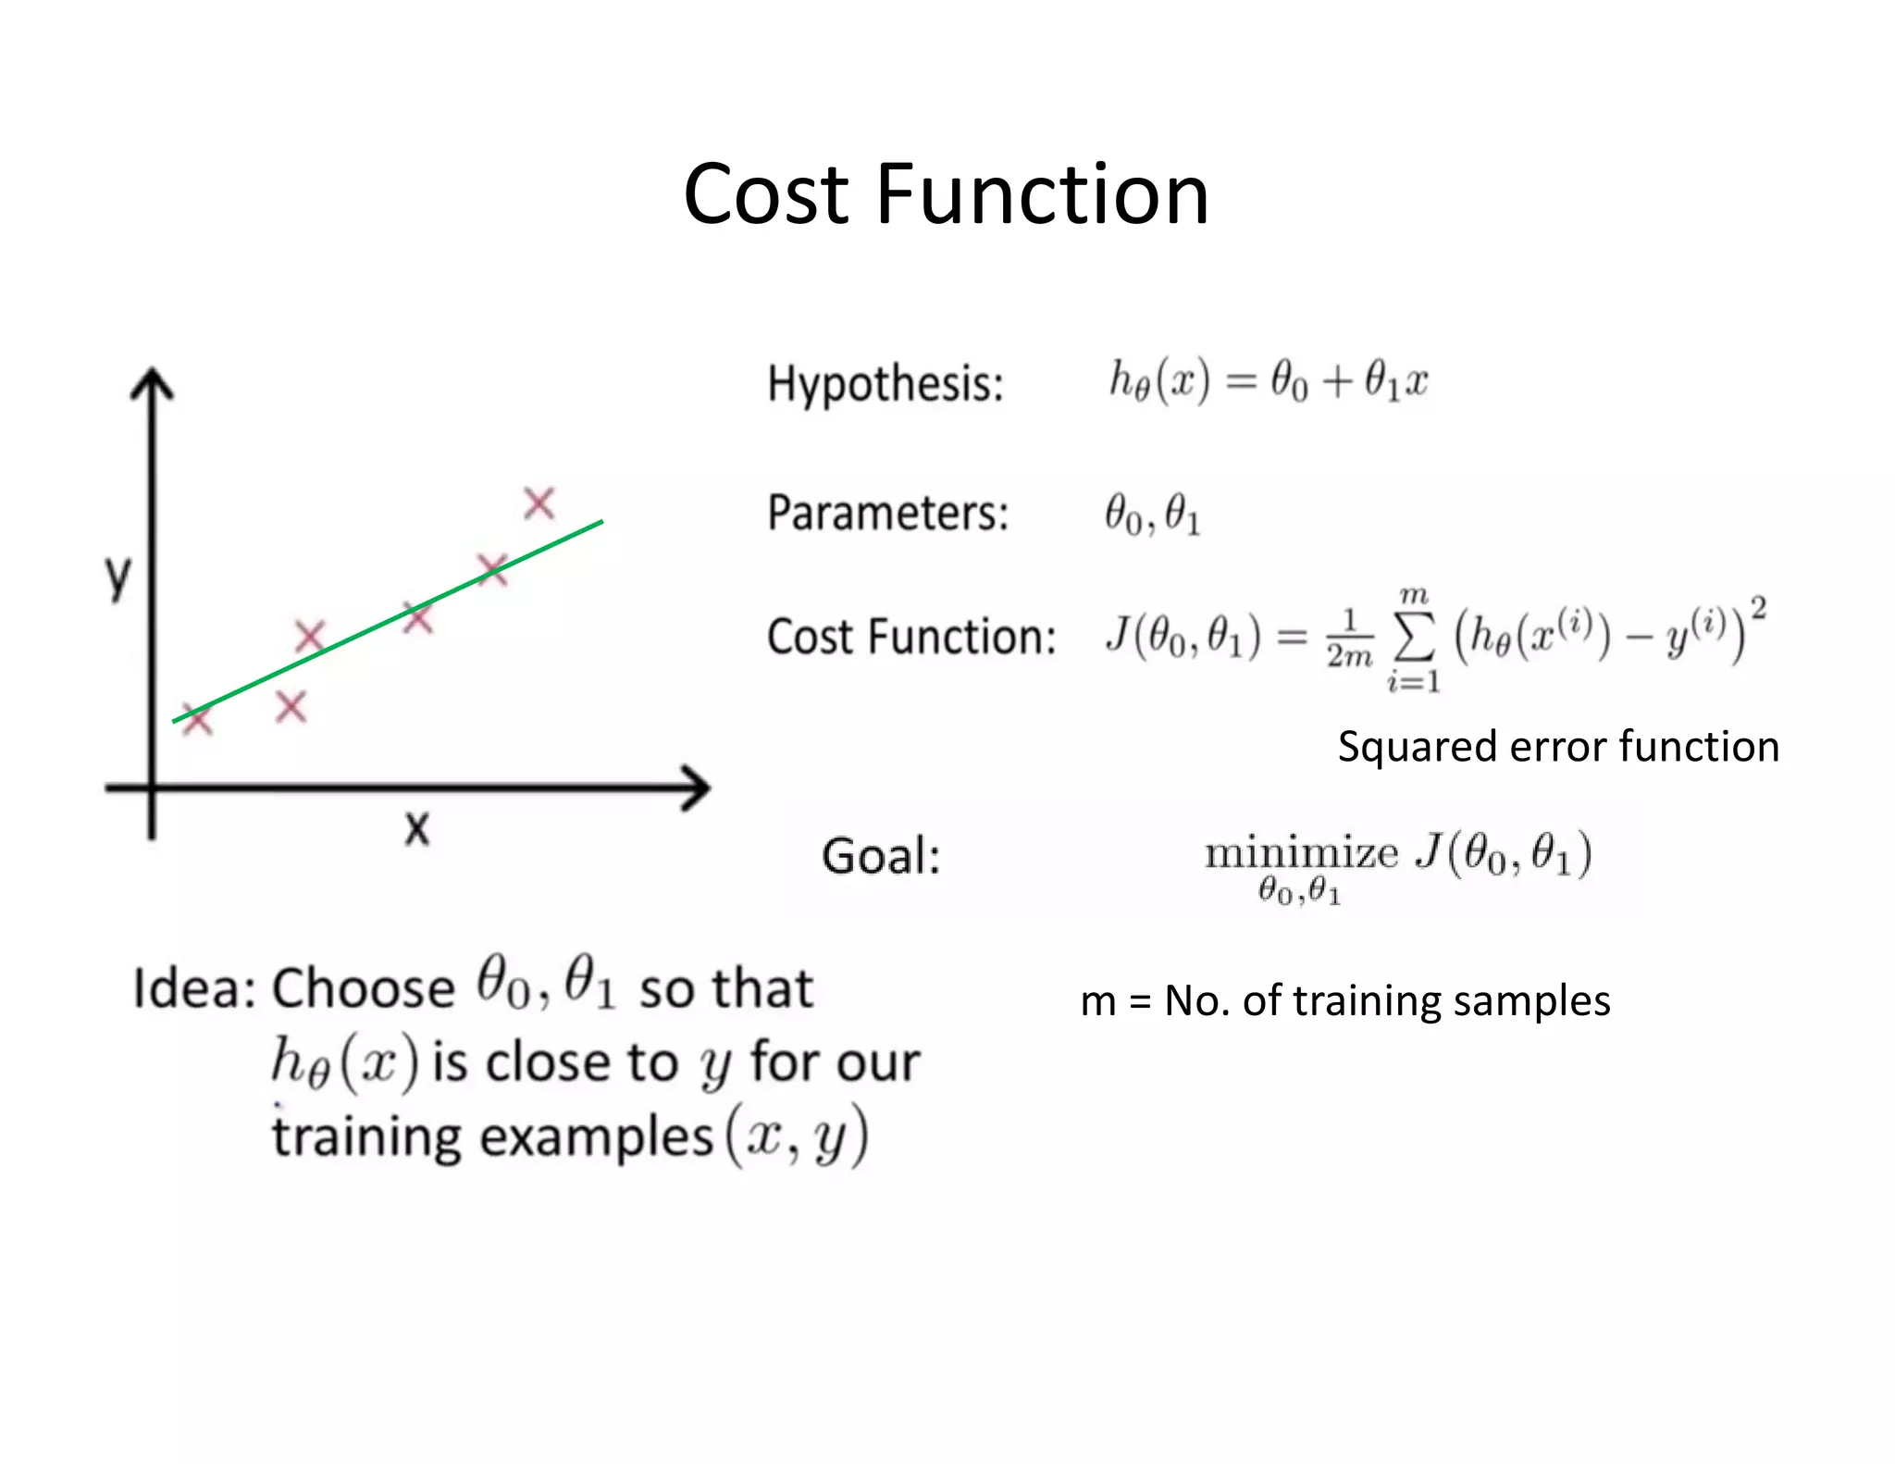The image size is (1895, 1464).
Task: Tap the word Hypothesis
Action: click(x=885, y=383)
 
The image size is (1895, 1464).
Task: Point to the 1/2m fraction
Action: click(x=1349, y=639)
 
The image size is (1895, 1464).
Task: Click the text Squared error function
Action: click(x=1558, y=746)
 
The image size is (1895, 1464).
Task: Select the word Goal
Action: click(x=880, y=856)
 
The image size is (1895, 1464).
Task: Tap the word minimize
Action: click(x=1301, y=852)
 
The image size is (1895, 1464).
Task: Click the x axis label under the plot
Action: click(x=417, y=827)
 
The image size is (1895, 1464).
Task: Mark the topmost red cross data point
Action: click(x=539, y=504)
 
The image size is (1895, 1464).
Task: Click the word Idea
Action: click(x=192, y=988)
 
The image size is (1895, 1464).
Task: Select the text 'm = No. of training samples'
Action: click(x=1344, y=1000)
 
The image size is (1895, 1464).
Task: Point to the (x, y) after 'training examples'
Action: click(x=797, y=1136)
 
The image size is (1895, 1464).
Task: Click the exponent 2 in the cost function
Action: click(x=1758, y=609)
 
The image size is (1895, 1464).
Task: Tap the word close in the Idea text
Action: click(x=546, y=1061)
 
